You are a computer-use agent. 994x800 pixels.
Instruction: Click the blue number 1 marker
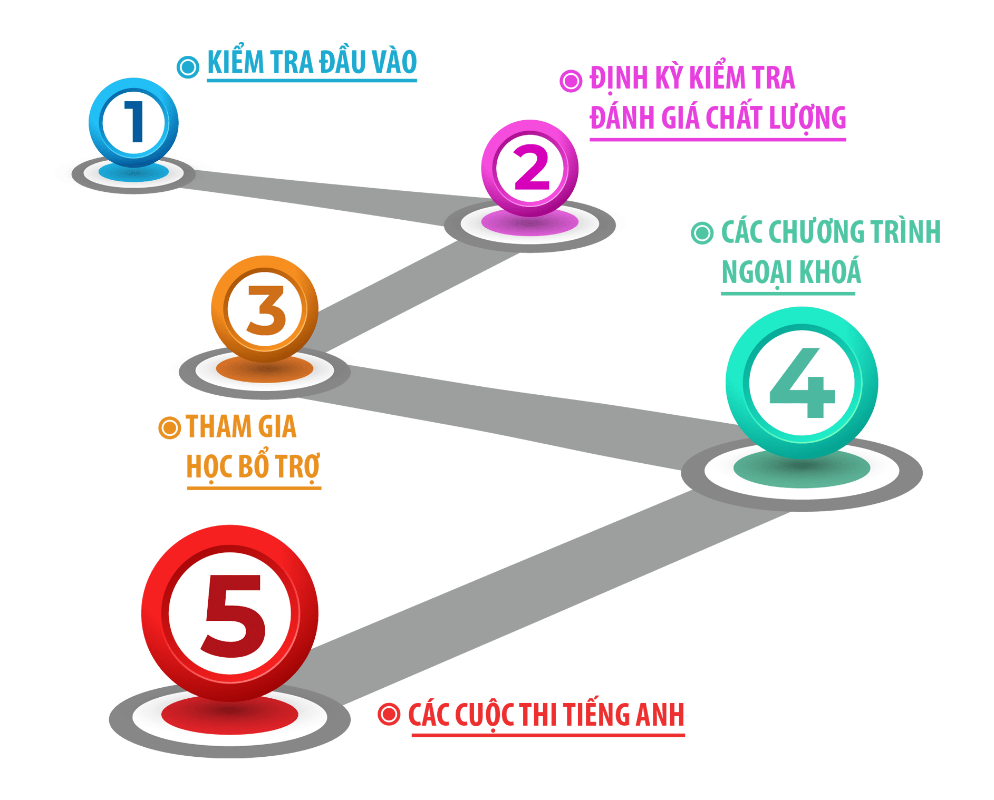[x=134, y=122]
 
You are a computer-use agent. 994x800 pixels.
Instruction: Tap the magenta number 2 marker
[x=530, y=168]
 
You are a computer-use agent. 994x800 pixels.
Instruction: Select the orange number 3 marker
[x=265, y=309]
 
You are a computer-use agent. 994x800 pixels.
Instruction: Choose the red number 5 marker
[x=230, y=613]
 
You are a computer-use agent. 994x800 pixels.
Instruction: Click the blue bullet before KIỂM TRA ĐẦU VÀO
[x=188, y=67]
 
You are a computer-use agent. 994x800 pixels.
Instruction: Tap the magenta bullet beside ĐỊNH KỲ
[x=571, y=81]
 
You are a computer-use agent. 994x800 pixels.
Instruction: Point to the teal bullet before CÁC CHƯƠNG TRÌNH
[x=702, y=233]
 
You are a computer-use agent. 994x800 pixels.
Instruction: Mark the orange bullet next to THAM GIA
[x=169, y=427]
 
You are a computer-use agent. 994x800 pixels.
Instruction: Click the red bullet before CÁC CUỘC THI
[x=389, y=714]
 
